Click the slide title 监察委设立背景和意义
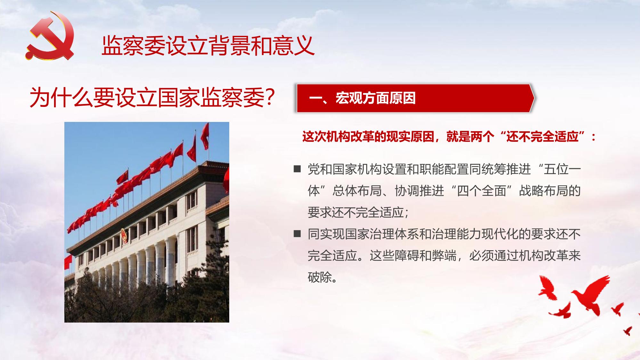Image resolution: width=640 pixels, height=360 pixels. [208, 45]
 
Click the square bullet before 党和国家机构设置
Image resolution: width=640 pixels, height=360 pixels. [297, 169]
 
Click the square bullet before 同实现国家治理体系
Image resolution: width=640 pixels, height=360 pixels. [297, 234]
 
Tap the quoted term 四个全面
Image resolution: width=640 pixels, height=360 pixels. [482, 191]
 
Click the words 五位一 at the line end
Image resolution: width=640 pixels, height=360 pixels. [562, 169]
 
